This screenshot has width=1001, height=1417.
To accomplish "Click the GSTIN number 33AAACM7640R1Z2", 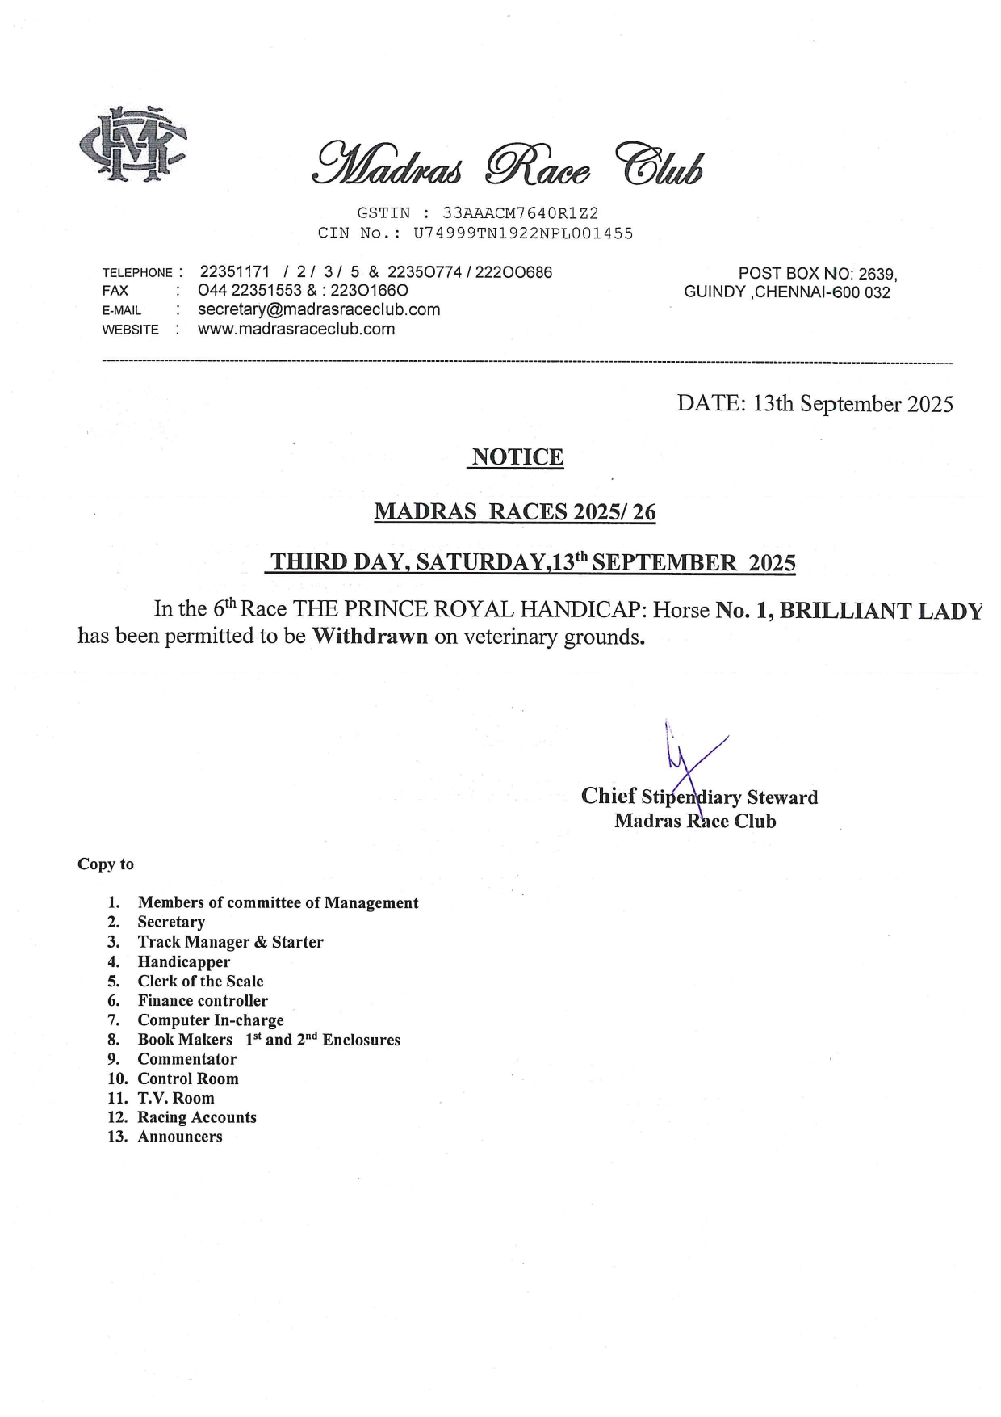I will pyautogui.click(x=520, y=213).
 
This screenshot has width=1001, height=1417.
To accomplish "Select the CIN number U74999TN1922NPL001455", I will pyautogui.click(x=523, y=233).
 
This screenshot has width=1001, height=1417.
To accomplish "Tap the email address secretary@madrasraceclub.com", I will pyautogui.click(x=319, y=309).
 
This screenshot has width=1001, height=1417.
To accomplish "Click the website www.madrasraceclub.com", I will pyautogui.click(x=296, y=329).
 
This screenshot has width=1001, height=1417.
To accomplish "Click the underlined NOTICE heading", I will pyautogui.click(x=517, y=457).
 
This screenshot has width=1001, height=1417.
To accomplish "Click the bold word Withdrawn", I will pyautogui.click(x=370, y=637).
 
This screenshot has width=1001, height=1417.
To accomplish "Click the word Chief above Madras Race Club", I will pyautogui.click(x=609, y=797).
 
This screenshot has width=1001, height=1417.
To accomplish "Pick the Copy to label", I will pyautogui.click(x=106, y=864).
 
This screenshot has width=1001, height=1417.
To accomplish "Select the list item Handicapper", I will pyautogui.click(x=183, y=962).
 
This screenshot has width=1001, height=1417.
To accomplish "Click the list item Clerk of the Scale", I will pyautogui.click(x=200, y=982).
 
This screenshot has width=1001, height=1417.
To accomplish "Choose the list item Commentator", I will pyautogui.click(x=186, y=1059).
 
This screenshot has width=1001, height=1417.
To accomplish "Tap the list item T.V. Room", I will pyautogui.click(x=175, y=1098).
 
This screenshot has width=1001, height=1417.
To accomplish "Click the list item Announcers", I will pyautogui.click(x=179, y=1137).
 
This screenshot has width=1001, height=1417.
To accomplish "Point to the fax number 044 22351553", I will pyautogui.click(x=249, y=291).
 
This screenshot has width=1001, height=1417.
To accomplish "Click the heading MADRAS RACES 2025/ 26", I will pyautogui.click(x=515, y=512).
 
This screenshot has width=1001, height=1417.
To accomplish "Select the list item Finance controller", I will pyautogui.click(x=203, y=1001).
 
